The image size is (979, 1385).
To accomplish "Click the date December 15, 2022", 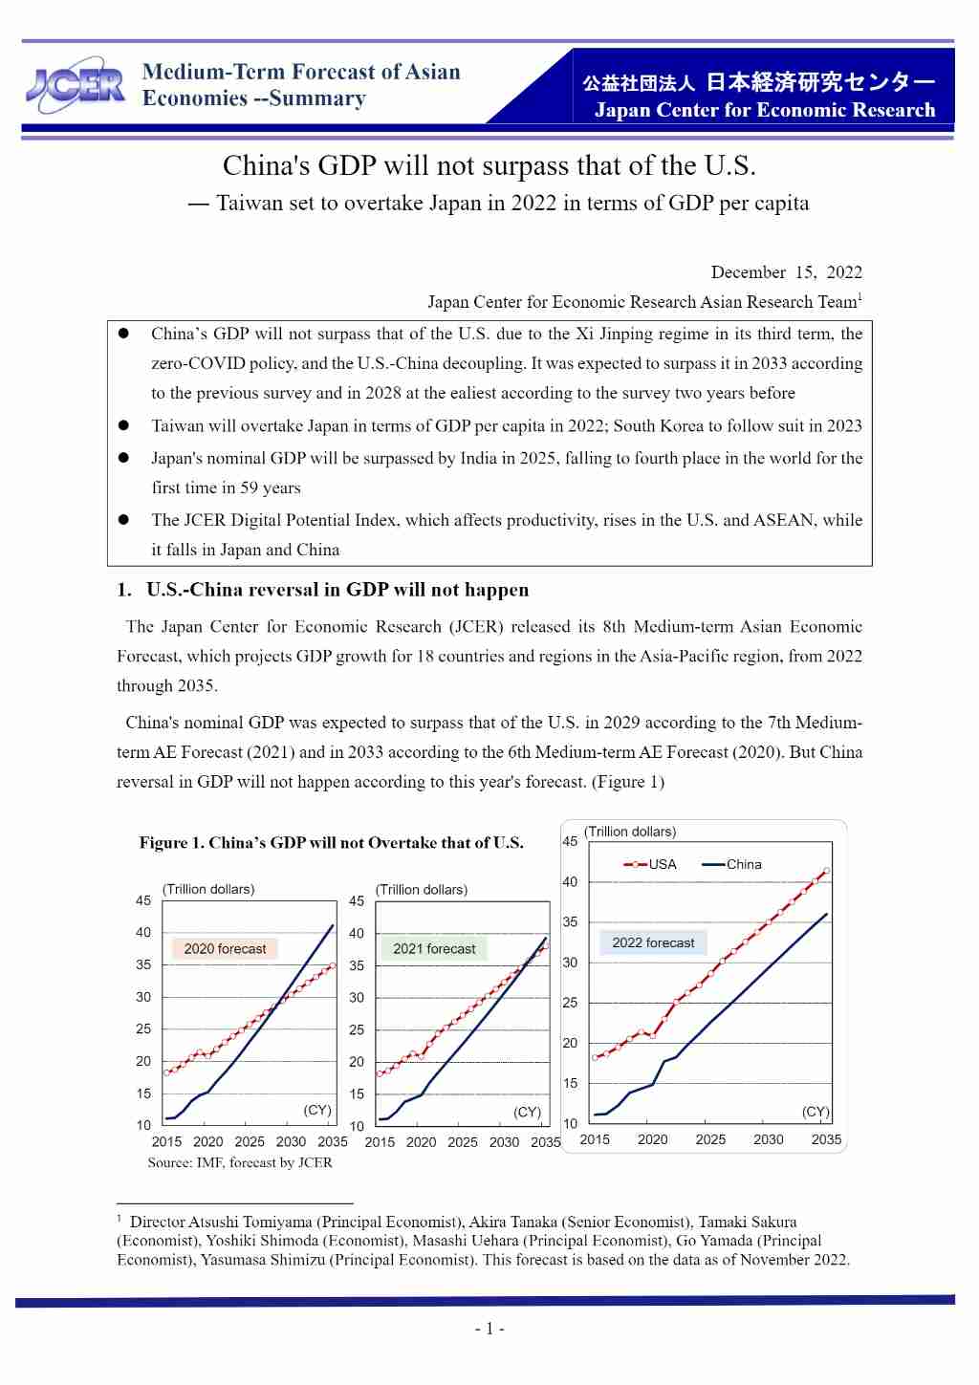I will [786, 272].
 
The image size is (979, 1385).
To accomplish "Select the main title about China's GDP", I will [489, 166].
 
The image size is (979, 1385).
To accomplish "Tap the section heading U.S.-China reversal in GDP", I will [337, 590].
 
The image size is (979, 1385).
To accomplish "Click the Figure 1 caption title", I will [331, 843].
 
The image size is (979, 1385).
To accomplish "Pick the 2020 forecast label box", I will [225, 949].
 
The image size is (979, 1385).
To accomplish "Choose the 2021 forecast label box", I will [434, 949].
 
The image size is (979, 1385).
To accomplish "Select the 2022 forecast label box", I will [653, 942].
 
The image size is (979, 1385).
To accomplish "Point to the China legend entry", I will [731, 864].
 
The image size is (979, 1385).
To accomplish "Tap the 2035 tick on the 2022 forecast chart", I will [826, 1139].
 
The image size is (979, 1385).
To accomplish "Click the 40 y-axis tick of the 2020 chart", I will [143, 932].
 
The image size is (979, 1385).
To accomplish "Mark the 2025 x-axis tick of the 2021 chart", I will [463, 1142].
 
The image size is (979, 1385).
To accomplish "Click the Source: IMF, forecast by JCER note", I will [240, 1163].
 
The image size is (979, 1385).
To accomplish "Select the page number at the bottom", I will [489, 1329].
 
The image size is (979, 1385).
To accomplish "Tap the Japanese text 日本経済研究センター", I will [820, 83].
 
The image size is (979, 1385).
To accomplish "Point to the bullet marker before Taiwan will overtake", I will [123, 425].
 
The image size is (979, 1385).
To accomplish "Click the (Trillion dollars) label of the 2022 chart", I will [630, 832].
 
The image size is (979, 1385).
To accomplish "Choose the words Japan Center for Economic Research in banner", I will [765, 110].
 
